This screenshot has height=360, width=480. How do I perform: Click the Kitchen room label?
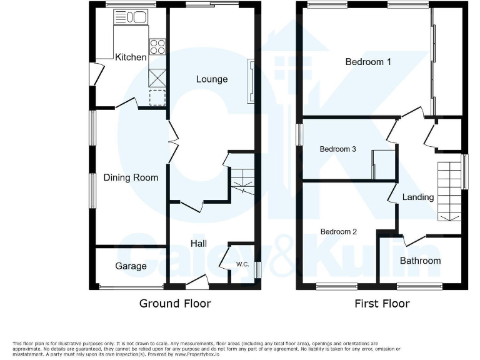[131, 57]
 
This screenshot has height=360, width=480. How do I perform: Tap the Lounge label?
[212, 79]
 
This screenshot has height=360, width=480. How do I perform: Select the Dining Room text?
[131, 177]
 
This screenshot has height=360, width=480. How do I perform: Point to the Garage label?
[131, 266]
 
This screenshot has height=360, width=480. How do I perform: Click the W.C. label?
[242, 264]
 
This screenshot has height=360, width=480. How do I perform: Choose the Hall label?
[199, 243]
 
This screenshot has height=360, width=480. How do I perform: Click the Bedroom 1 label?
[368, 62]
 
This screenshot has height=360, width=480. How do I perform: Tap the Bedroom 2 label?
[338, 232]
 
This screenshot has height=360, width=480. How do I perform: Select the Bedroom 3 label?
[337, 149]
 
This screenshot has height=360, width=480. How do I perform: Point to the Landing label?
[417, 197]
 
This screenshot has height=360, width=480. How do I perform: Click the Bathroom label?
[420, 261]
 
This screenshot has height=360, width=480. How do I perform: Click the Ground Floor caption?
[174, 304]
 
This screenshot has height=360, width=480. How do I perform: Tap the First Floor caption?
[382, 304]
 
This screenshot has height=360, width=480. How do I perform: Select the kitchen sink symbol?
[131, 17]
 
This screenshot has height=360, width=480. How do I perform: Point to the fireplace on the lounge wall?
[251, 81]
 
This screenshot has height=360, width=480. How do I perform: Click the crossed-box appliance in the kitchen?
[157, 77]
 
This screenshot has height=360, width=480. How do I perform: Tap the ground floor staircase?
[242, 181]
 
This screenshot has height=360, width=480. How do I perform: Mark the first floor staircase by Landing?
[450, 191]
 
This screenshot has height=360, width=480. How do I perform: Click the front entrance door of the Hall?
[197, 282]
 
